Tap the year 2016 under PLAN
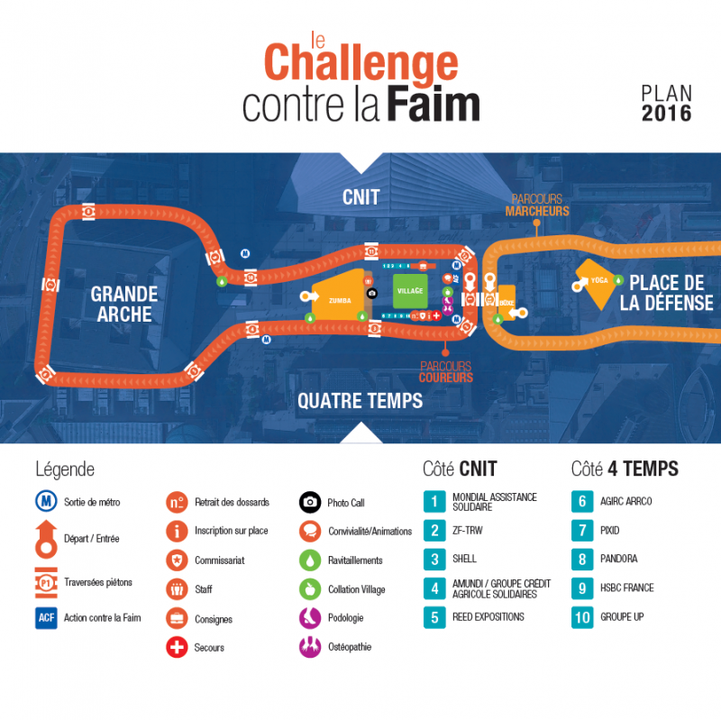(x=666, y=114)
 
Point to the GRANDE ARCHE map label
(x=124, y=304)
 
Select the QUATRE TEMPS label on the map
(x=360, y=400)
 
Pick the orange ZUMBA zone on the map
(x=339, y=298)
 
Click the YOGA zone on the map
(x=598, y=280)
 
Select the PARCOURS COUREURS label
(x=446, y=371)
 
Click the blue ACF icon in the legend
(x=46, y=618)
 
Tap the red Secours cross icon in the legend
(x=178, y=647)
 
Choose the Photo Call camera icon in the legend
(x=310, y=503)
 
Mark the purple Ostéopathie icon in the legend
(x=310, y=646)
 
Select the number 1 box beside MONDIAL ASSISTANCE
(x=434, y=501)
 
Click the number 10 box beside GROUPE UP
(x=582, y=617)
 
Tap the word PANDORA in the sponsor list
(x=618, y=560)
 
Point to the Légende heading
(x=64, y=469)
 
